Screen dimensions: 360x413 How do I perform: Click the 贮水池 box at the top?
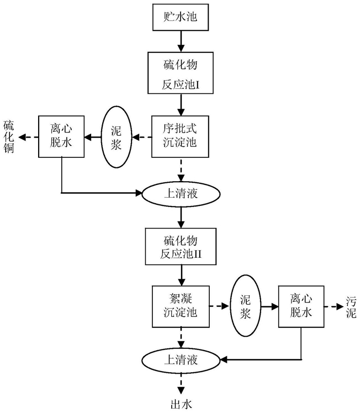[x=181, y=17]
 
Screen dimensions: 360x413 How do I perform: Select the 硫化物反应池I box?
[x=181, y=73]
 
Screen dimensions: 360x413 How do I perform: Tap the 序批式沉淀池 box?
[x=180, y=136]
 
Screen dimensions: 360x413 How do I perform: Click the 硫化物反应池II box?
[x=181, y=247]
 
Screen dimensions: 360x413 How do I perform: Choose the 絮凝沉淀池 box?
[x=181, y=306]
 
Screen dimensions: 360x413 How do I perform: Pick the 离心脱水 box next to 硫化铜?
[x=61, y=136]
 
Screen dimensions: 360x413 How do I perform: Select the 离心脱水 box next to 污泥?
[x=301, y=306]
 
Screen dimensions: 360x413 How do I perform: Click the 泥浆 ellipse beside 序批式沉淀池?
[x=116, y=137]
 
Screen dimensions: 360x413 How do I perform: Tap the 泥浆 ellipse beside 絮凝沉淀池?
[x=245, y=306]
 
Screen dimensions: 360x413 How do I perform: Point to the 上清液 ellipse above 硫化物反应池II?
[x=181, y=194]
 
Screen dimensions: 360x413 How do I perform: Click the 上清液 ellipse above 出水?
[x=181, y=360]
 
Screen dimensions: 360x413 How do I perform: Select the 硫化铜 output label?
[x=9, y=137]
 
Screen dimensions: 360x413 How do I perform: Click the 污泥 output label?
[x=351, y=307]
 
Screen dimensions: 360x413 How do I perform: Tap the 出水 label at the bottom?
[x=181, y=404]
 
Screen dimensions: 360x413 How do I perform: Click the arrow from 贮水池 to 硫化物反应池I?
[x=181, y=41]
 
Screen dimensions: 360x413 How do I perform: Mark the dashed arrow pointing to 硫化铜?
[x=29, y=137]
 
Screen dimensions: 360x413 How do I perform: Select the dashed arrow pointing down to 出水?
[x=181, y=384]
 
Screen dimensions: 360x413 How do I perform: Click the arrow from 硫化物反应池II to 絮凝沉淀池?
[x=181, y=276]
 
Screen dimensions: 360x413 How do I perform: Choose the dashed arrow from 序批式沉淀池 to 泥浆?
[x=142, y=137]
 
